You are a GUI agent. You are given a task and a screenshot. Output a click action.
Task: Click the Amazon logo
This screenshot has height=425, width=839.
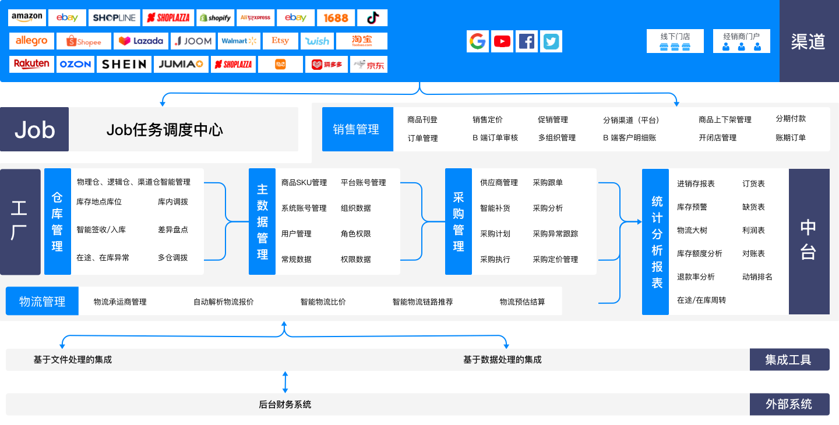click(27, 17)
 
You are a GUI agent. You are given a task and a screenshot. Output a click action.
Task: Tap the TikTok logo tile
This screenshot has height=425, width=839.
click(372, 17)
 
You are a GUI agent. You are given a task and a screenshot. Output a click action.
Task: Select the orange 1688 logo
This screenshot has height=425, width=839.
click(336, 17)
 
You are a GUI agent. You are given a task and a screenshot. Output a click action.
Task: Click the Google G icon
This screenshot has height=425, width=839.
click(477, 41)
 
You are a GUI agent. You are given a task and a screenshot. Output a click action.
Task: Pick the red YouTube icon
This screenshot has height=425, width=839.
click(502, 41)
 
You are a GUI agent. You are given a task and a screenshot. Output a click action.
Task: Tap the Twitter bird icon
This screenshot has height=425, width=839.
click(551, 41)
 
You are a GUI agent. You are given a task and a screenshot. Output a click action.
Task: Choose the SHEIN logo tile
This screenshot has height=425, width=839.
click(124, 64)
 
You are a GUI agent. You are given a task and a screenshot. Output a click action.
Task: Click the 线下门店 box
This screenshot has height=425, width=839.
click(675, 41)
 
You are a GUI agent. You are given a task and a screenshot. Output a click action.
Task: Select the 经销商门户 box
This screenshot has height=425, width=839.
click(741, 41)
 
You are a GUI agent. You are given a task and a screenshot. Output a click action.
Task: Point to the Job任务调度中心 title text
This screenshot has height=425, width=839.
click(164, 129)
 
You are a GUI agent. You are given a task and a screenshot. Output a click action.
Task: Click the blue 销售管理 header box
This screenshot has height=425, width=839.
click(356, 129)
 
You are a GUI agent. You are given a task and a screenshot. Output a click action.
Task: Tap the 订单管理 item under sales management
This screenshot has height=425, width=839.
click(422, 138)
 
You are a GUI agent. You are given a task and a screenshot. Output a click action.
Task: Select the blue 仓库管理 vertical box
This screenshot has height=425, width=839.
click(57, 222)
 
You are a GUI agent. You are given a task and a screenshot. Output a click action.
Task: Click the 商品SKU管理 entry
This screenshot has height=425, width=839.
click(304, 183)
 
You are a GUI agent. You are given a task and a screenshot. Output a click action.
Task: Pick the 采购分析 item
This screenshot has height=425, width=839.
click(548, 208)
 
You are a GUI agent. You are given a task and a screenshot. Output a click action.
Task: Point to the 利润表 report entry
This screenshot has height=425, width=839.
click(753, 231)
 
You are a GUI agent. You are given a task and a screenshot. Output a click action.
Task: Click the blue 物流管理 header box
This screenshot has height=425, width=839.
click(42, 302)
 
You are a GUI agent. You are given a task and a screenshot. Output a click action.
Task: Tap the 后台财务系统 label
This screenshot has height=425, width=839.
click(285, 405)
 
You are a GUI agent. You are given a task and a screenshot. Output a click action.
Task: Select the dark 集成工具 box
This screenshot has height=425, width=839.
click(789, 360)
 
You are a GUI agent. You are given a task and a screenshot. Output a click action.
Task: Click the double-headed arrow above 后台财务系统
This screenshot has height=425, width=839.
click(285, 382)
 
